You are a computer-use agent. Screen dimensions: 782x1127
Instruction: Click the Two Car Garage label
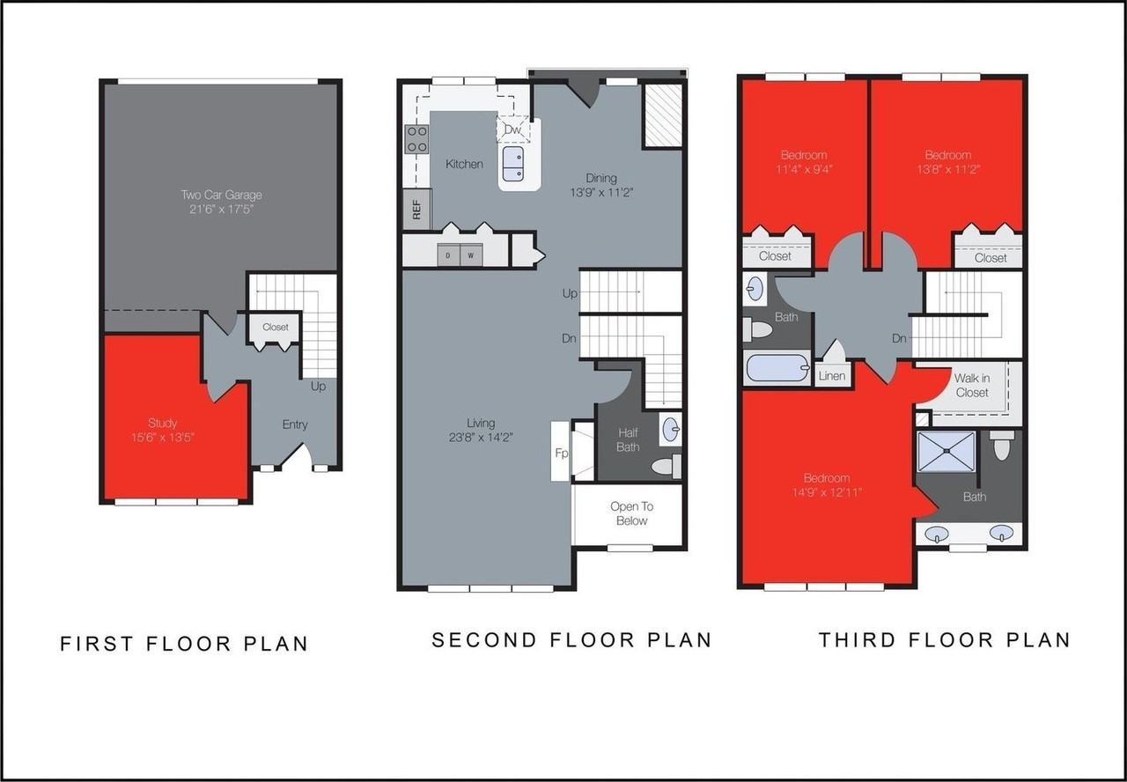coord(221,195)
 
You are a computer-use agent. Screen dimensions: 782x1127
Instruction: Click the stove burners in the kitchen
coord(416,139)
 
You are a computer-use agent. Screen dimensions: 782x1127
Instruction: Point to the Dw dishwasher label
coord(512,130)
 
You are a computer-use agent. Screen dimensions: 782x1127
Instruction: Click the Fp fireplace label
coord(561,453)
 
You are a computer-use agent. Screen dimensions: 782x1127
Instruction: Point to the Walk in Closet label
coord(971,386)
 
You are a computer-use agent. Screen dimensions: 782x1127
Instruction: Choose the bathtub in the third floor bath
coord(777,367)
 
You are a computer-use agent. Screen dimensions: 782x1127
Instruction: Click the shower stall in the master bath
coord(947,452)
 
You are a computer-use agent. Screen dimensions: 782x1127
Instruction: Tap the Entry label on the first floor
coord(295,424)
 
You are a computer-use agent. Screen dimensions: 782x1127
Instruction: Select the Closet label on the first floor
coord(275,327)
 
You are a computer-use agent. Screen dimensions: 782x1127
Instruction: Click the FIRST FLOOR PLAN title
coord(184,644)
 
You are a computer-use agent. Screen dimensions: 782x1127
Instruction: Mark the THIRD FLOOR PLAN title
coord(944,640)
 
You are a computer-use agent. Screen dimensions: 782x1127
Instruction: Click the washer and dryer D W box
coord(460,255)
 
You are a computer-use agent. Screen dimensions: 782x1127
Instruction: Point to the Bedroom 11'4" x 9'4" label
coord(802,162)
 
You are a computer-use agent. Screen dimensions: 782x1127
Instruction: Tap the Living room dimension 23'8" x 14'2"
coord(481,436)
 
